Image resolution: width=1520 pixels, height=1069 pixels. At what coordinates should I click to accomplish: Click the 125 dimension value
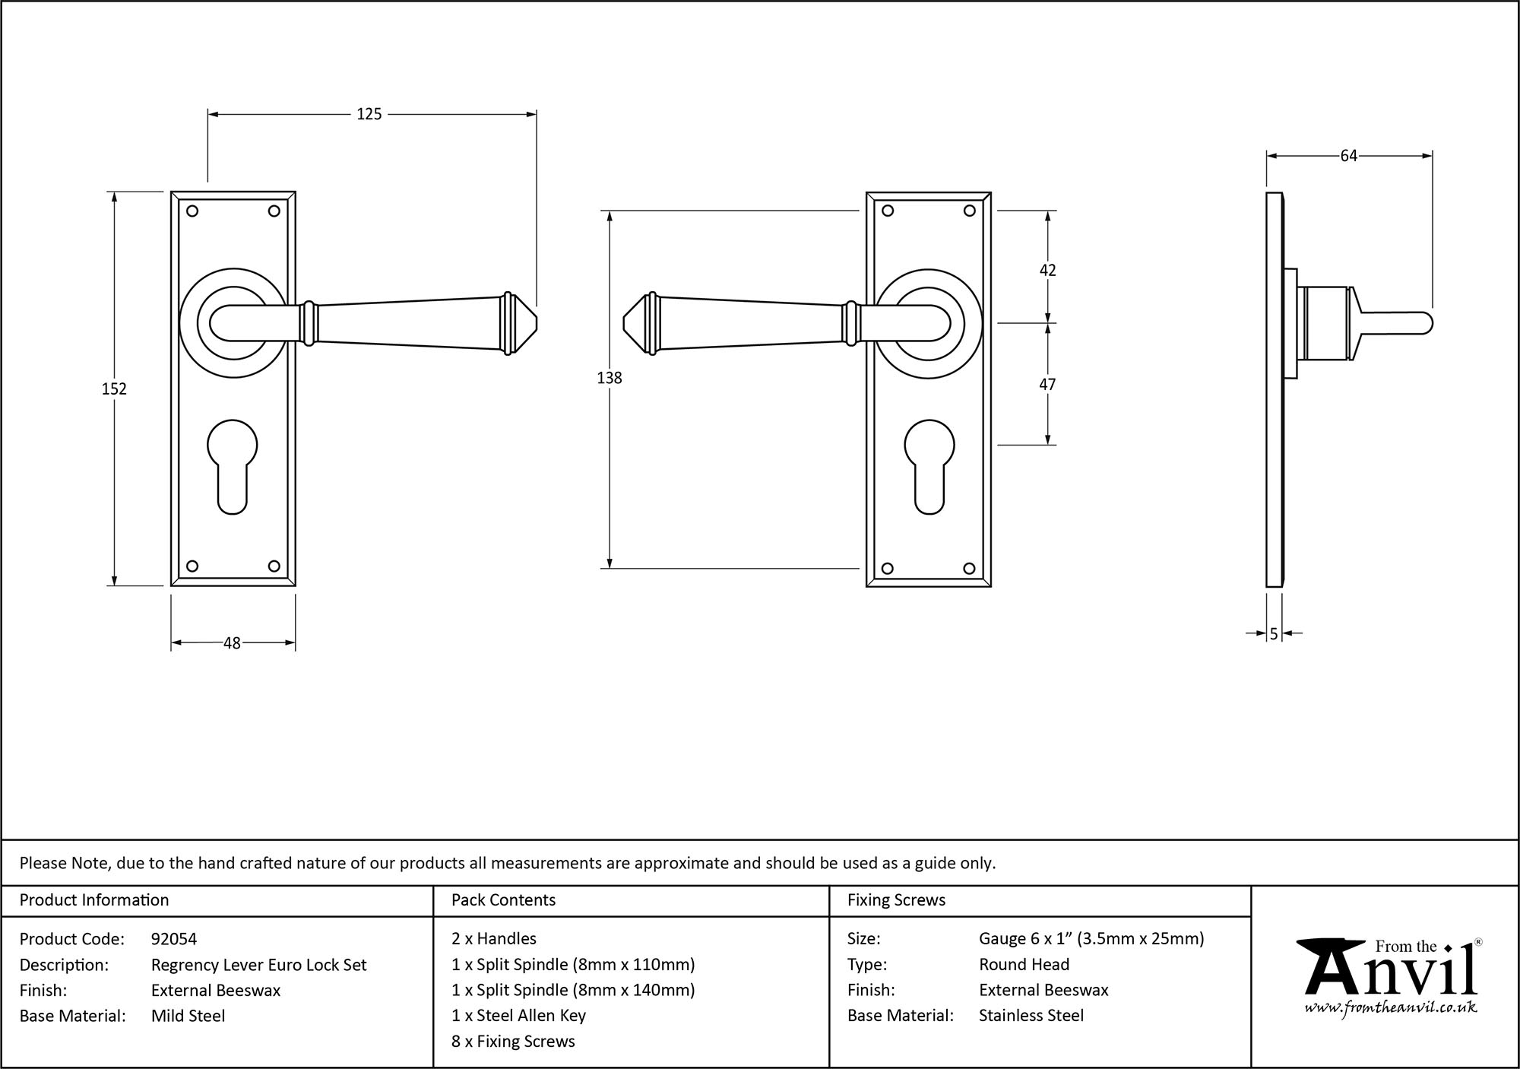tap(369, 114)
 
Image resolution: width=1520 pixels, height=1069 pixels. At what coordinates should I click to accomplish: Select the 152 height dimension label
tap(114, 389)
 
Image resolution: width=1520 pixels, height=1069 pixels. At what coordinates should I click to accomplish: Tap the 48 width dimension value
tap(232, 643)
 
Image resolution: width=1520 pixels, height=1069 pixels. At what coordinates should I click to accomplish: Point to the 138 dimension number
tap(610, 378)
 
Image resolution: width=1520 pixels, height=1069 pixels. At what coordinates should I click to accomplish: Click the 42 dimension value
tap(1047, 270)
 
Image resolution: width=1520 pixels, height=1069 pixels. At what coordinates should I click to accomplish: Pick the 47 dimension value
tap(1047, 385)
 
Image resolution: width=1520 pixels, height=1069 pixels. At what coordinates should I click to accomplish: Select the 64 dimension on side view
tap(1348, 156)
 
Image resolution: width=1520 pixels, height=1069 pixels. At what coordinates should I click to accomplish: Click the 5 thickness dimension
tap(1274, 633)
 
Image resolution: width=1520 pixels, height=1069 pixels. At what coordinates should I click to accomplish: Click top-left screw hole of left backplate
tap(192, 211)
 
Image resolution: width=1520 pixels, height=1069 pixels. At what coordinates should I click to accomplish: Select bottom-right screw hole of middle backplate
tap(969, 568)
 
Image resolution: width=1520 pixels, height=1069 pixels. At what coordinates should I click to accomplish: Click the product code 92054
tap(174, 939)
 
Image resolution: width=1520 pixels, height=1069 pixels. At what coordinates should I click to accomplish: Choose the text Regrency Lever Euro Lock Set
tap(258, 965)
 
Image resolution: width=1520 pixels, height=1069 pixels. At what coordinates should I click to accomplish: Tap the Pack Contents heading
tap(503, 900)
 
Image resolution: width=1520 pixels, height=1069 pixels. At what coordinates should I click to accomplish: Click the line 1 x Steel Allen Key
tap(518, 1016)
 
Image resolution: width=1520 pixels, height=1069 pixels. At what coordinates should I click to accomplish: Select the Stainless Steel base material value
tap(1031, 1016)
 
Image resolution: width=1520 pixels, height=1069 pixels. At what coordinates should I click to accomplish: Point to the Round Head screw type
tap(1024, 965)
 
